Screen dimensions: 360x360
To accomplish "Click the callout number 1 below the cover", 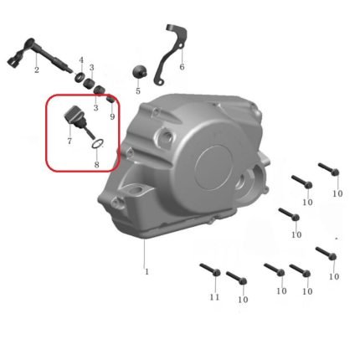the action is (147, 271).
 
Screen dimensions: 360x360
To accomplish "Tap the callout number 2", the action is (37, 69).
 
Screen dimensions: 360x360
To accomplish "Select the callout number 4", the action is (81, 60).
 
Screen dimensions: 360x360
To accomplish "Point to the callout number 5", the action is (138, 91).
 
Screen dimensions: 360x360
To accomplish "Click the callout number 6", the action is (182, 67).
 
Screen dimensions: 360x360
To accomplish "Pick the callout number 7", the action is (69, 141).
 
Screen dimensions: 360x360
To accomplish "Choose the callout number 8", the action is (96, 164).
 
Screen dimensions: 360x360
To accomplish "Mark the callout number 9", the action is (112, 116).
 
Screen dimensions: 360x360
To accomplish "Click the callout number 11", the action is (214, 297).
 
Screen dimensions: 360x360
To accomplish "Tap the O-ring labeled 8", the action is (98, 144).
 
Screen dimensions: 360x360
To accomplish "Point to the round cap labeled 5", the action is (139, 71).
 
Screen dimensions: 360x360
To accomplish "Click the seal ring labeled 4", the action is (80, 76).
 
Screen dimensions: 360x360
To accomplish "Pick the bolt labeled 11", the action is (210, 269).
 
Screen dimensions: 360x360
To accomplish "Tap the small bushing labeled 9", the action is (111, 100).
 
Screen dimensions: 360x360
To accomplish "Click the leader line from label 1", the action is (144, 253).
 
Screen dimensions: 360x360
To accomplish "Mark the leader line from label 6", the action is (182, 55).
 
